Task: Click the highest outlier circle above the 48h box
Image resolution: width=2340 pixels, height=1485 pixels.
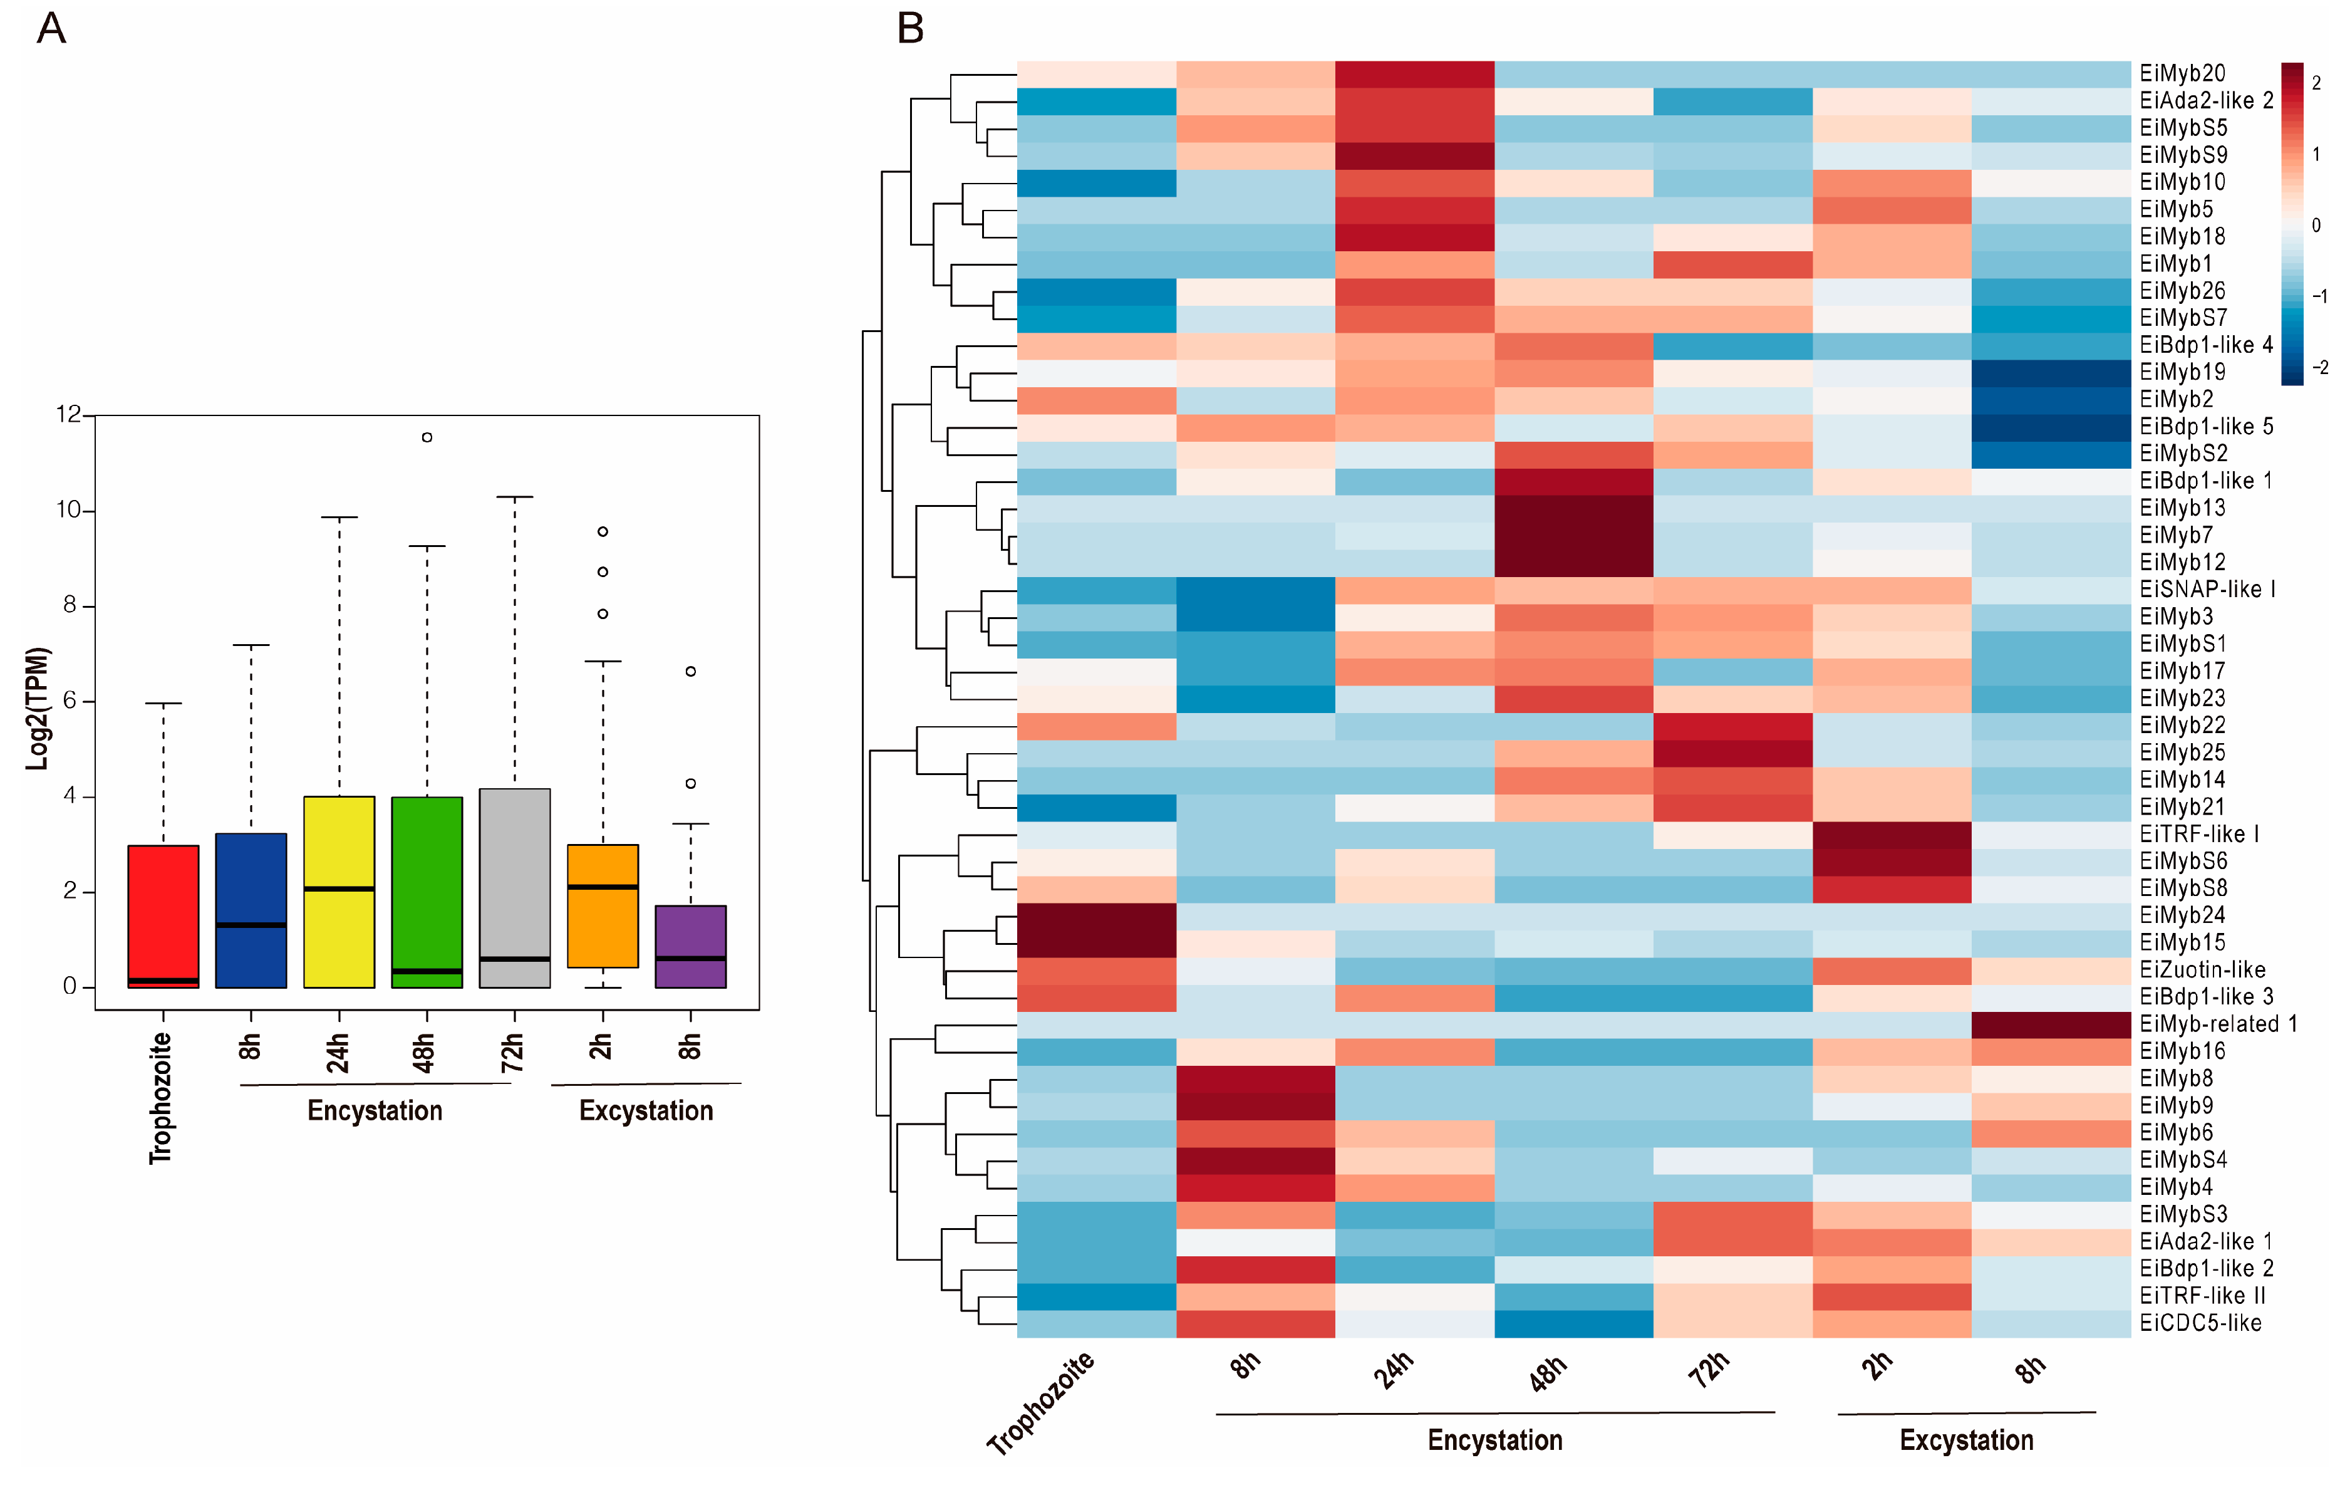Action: click(427, 437)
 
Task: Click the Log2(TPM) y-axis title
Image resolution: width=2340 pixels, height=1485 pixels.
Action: click(37, 709)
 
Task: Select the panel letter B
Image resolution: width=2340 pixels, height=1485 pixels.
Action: click(911, 29)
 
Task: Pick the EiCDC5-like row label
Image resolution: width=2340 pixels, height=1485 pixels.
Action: click(2200, 1323)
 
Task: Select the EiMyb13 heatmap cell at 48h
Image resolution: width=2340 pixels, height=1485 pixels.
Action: click(1573, 508)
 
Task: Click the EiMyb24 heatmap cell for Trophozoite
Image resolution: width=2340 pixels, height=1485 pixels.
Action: click(1096, 915)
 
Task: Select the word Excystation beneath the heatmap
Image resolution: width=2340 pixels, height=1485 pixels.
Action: click(1966, 1441)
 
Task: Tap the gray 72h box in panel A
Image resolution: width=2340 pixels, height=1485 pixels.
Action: click(515, 888)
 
